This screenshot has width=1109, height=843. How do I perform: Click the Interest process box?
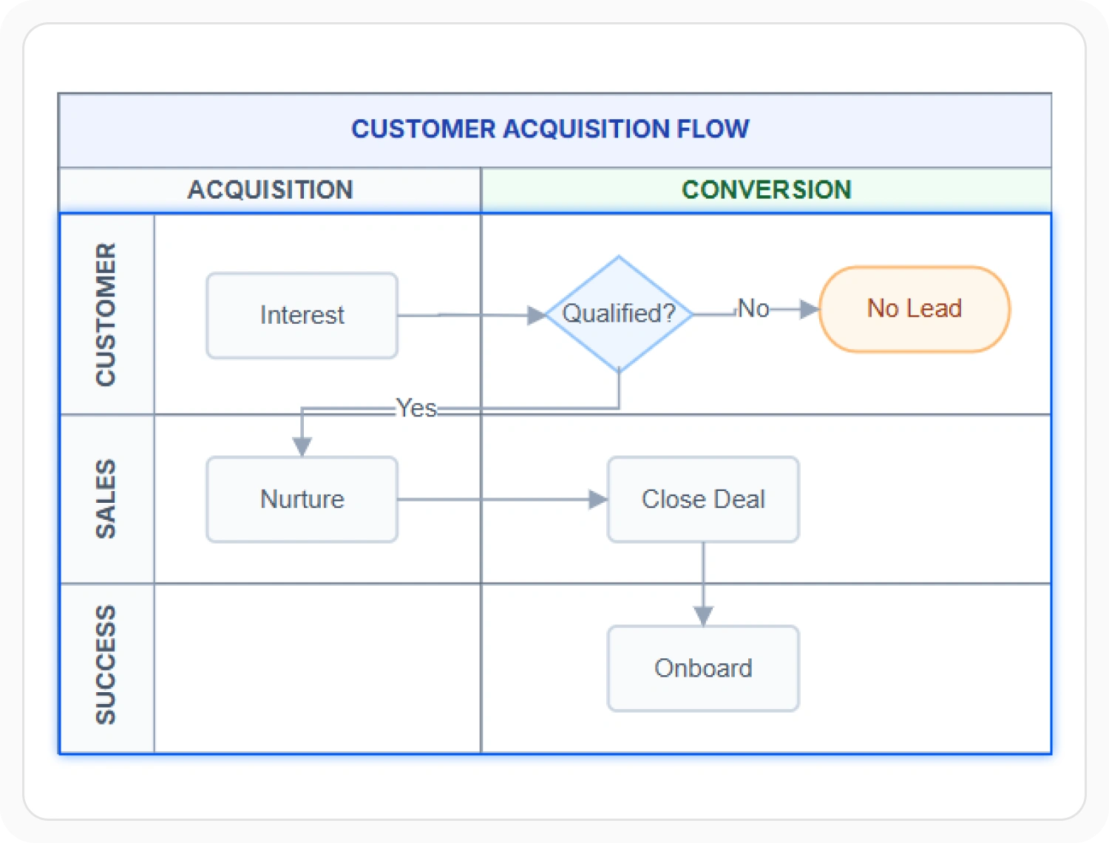coord(302,315)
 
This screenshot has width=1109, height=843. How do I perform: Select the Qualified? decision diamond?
coord(619,314)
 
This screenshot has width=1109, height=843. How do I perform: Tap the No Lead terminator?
coord(914,308)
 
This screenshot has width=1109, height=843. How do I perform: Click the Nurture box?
coord(302,499)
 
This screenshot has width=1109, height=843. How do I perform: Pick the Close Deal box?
coord(703,499)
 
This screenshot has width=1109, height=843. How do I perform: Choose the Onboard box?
coord(703,668)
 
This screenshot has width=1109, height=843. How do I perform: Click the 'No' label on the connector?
coord(753,308)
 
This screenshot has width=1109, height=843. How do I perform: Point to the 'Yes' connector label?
coord(416,407)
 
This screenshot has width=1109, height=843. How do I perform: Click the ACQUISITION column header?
coord(270,190)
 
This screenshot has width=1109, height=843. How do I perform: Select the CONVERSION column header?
coord(767,190)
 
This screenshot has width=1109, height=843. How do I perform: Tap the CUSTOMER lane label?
coord(106,315)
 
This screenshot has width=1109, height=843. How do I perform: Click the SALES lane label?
coord(106,498)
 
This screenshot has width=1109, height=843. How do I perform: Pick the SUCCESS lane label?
coord(106,665)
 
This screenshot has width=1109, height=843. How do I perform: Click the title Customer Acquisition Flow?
coord(550,129)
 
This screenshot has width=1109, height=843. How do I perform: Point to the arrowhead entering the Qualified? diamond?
coord(537,315)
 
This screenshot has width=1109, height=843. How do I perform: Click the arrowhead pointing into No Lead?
coord(810,309)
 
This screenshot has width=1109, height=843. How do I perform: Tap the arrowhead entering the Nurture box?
coord(302,447)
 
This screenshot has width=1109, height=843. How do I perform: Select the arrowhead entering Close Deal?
coord(598,500)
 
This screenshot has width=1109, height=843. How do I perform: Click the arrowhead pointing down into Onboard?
coord(703,616)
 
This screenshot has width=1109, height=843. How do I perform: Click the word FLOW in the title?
coord(713,129)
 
